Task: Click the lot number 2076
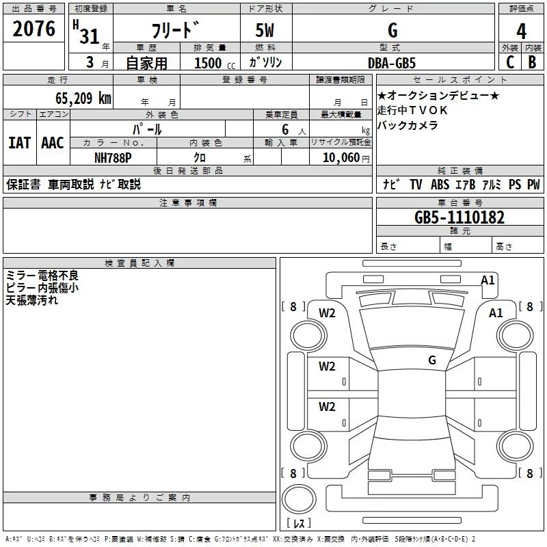[x=34, y=29]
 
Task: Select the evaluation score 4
[x=522, y=31]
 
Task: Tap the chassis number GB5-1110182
[x=459, y=218]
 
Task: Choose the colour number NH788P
[x=114, y=157]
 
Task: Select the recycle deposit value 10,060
[x=337, y=157]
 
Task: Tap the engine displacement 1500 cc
[x=213, y=63]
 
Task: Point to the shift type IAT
[x=19, y=143]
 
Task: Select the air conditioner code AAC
[x=53, y=143]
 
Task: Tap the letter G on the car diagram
[x=432, y=360]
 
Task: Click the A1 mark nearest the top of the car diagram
[x=488, y=280]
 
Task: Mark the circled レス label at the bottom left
[x=298, y=524]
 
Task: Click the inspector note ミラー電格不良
[x=42, y=276]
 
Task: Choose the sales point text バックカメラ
[x=408, y=125]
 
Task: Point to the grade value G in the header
[x=392, y=31]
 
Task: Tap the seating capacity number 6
[x=283, y=129]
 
